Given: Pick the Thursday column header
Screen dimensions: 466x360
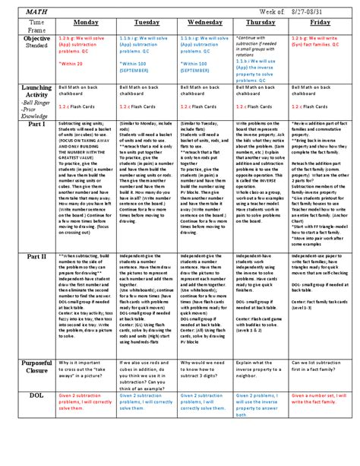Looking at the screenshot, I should click(x=262, y=24).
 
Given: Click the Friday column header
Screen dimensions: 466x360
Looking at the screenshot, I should click(x=321, y=24).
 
